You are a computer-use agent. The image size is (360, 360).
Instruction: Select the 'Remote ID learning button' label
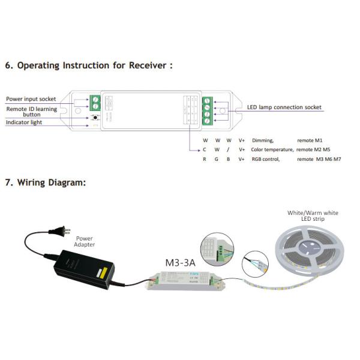click(32, 112)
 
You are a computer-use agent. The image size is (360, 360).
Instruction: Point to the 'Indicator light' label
click(25, 122)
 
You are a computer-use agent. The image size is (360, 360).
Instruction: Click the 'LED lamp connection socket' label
click(284, 107)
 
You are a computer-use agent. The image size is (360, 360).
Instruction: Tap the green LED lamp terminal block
click(207, 109)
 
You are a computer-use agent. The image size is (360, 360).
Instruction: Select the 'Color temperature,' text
click(272, 149)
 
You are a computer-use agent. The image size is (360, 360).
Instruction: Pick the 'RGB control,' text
click(266, 159)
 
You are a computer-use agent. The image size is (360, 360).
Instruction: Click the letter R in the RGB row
click(205, 159)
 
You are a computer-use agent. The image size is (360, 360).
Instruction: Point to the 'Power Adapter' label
click(85, 241)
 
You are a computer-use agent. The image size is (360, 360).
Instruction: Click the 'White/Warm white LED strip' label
click(313, 216)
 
